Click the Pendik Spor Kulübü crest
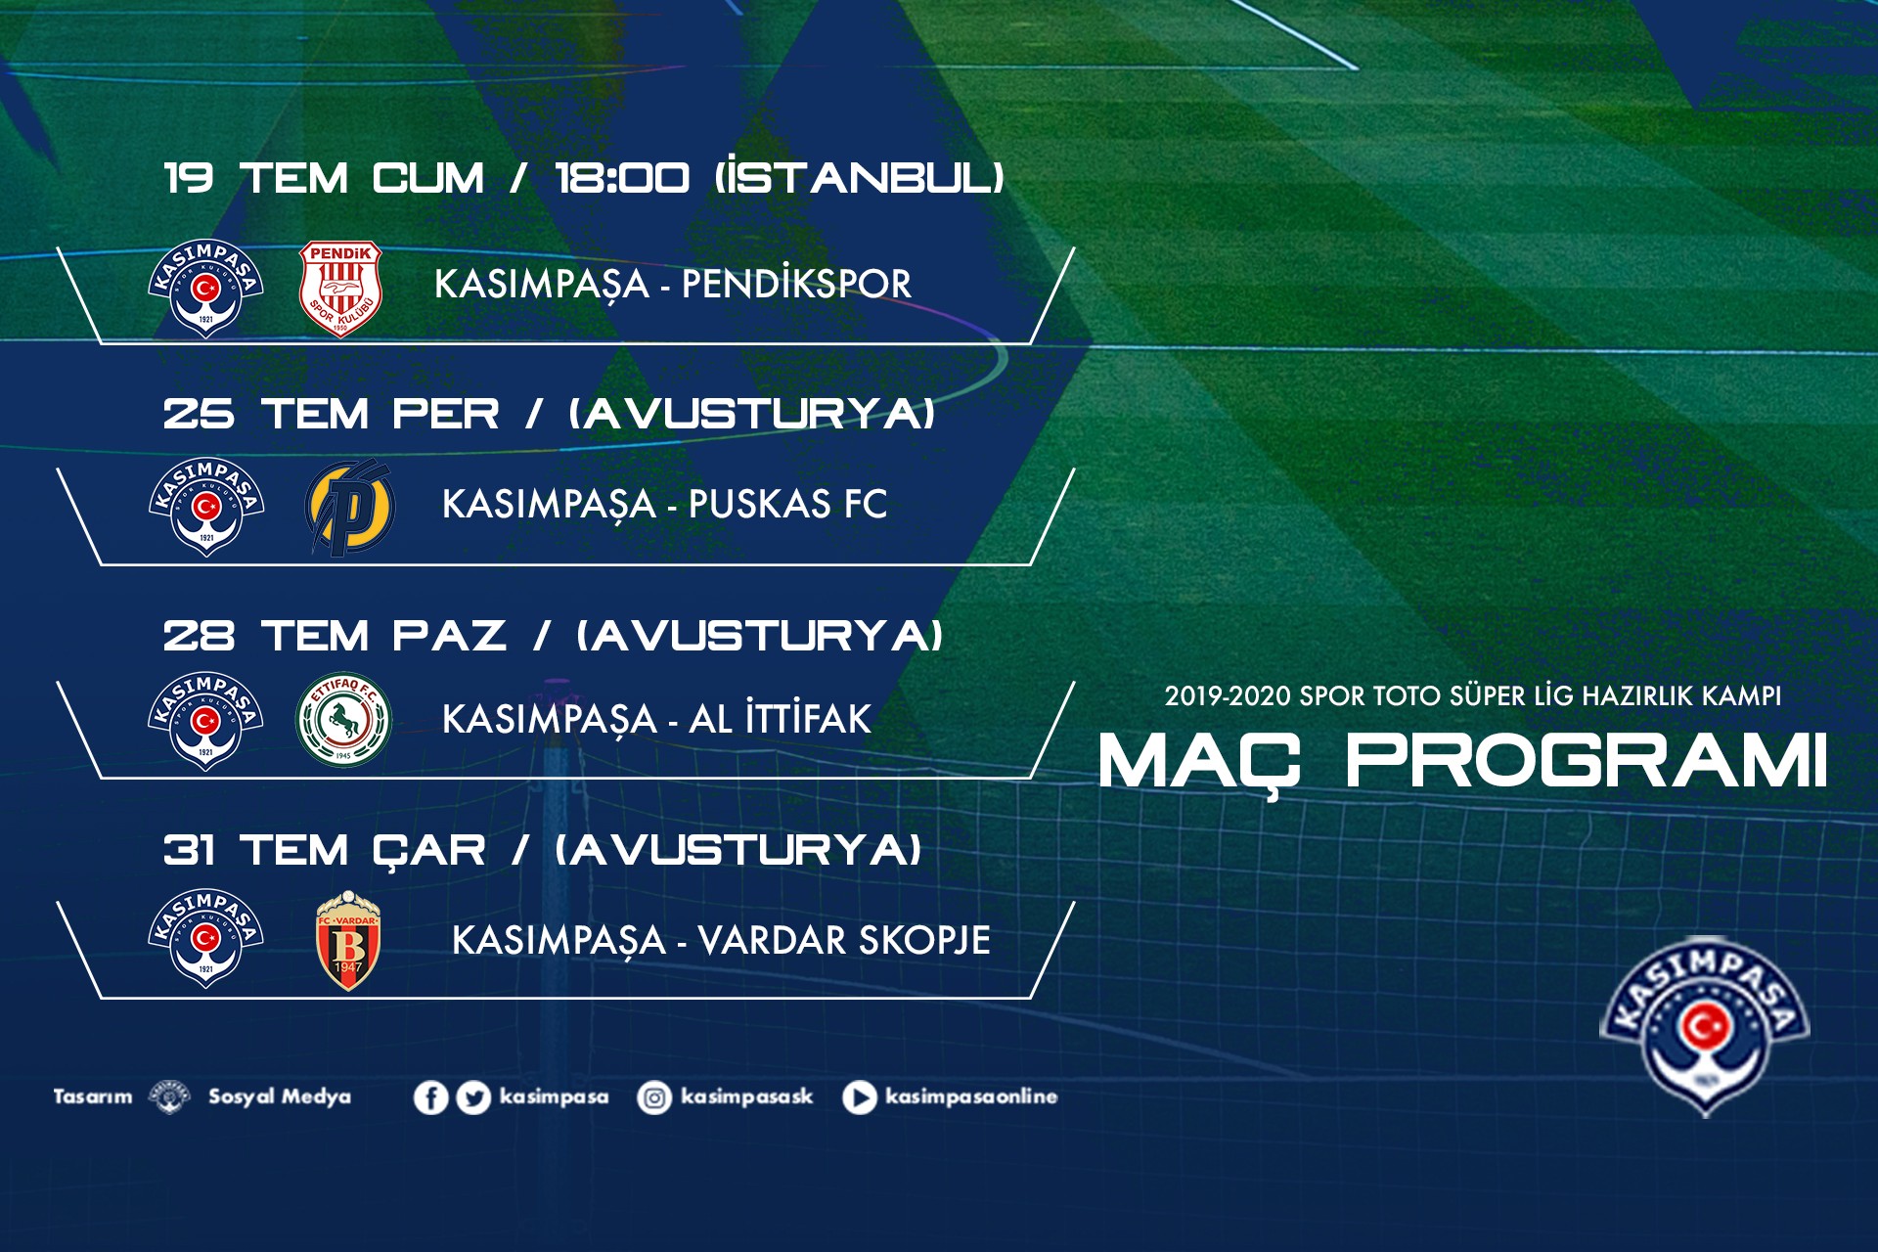click(x=340, y=288)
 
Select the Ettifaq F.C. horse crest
click(x=343, y=720)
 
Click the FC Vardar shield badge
click(x=347, y=940)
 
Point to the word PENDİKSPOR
click(x=796, y=284)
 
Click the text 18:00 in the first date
click(x=622, y=178)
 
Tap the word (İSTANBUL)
click(x=860, y=177)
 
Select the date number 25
click(x=199, y=414)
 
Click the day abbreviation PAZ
click(x=449, y=636)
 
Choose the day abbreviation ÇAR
click(x=428, y=851)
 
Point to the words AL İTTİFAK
click(x=780, y=718)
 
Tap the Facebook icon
click(x=430, y=1097)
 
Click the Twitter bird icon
click(x=473, y=1097)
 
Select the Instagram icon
click(x=653, y=1097)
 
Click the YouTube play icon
click(x=859, y=1097)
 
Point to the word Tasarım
click(x=93, y=1096)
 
